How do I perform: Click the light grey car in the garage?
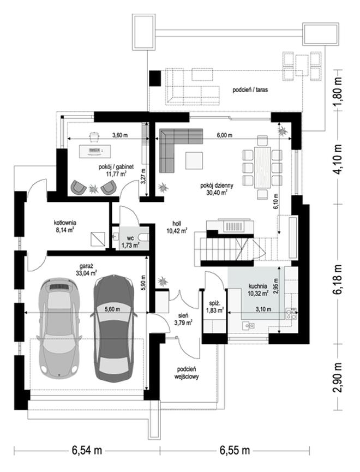(x=58, y=327)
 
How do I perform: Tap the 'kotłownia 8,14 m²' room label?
(x=65, y=226)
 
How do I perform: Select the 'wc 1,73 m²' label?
(x=130, y=241)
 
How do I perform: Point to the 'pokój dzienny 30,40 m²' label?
(x=217, y=189)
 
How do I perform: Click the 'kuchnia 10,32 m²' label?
(x=258, y=290)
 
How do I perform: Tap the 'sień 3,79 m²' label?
(x=183, y=319)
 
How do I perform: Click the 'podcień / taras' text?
(x=250, y=89)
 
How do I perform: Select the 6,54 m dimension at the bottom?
(x=87, y=450)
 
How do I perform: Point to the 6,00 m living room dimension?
(x=225, y=135)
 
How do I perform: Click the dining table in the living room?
(x=262, y=167)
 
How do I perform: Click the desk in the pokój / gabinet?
(x=94, y=151)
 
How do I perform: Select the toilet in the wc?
(x=145, y=237)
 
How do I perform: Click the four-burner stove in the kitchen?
(x=291, y=314)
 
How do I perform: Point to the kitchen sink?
(x=249, y=325)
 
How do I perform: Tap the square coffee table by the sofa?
(x=194, y=160)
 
